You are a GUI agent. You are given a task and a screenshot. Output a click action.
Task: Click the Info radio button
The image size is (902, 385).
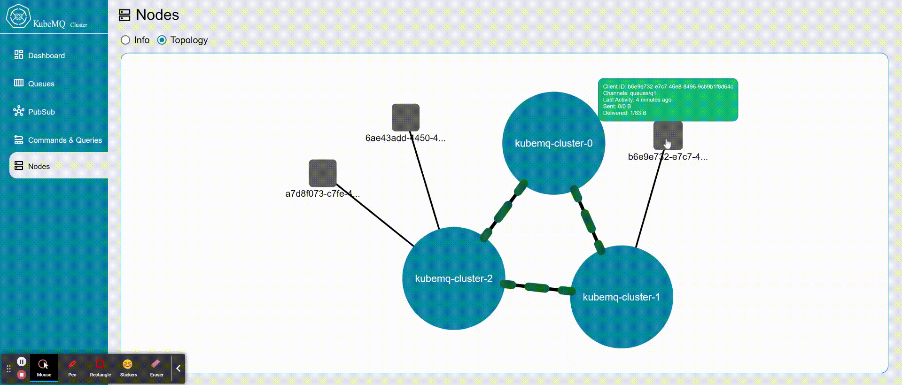[125, 40]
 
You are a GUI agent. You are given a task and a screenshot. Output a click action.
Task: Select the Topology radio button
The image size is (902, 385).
[162, 40]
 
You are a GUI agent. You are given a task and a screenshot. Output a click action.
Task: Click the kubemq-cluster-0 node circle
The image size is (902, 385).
[553, 143]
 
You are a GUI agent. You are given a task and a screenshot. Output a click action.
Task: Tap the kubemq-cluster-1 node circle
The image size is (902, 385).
[621, 297]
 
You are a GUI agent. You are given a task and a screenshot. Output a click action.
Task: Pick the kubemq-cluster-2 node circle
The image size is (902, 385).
[454, 278]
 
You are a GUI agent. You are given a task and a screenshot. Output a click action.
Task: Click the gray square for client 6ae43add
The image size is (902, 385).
[405, 117]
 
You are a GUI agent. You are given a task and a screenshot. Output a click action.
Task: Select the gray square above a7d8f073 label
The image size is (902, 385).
[323, 173]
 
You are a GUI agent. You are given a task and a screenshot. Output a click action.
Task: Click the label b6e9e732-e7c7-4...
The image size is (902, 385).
[668, 157]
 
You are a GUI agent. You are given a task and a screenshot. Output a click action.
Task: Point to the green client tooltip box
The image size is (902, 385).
[668, 100]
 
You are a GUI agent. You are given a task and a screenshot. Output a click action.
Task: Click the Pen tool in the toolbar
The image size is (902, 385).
[72, 368]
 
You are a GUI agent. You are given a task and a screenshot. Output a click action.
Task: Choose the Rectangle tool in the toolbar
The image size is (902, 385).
[100, 368]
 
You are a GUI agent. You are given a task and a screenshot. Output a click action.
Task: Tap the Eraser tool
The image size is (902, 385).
[156, 368]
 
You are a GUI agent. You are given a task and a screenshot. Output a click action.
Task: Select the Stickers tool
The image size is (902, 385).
[128, 368]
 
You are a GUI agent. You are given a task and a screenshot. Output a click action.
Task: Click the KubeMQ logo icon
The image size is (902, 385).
[18, 16]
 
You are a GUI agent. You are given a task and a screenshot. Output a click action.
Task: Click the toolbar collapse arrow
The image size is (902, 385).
[179, 369]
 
